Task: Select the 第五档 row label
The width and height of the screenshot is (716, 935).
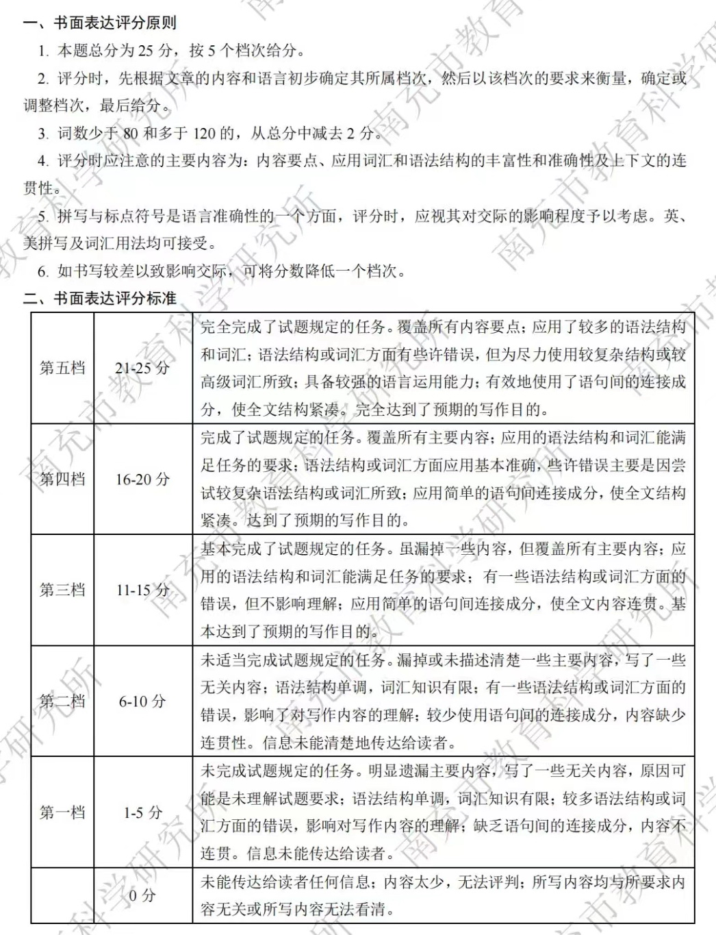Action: (62, 368)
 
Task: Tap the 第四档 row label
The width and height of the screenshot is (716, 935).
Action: (62, 479)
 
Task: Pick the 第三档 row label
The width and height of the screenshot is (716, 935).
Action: (62, 590)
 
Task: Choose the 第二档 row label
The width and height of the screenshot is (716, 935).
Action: (62, 701)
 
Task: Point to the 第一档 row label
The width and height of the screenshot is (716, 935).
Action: (62, 812)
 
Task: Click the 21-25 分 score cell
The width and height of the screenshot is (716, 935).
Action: (142, 368)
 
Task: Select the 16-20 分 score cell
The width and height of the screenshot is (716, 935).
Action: (142, 479)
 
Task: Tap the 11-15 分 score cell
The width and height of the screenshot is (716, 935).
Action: (142, 590)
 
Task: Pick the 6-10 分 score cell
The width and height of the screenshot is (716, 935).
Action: (142, 701)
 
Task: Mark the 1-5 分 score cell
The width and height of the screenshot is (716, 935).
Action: (142, 812)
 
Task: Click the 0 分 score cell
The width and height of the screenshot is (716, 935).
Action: (142, 895)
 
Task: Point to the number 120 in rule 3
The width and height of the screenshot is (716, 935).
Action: (205, 133)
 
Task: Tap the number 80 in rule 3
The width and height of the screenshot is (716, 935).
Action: (130, 133)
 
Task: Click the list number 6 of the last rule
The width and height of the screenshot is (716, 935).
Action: (42, 271)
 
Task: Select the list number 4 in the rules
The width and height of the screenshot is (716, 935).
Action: (42, 161)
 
